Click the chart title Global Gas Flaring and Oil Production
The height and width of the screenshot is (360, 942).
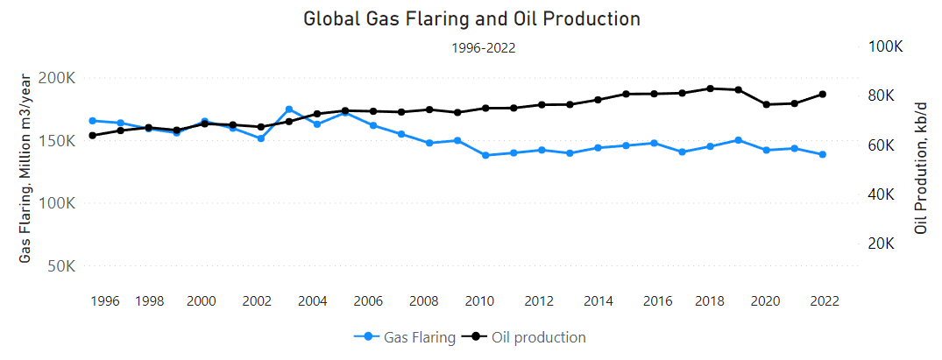[x=471, y=18]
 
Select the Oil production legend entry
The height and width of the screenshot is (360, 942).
[x=528, y=337]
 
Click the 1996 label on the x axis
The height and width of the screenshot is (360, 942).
[x=104, y=301]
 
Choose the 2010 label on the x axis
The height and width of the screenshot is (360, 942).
[x=478, y=301]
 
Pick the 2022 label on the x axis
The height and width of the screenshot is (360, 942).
[x=823, y=301]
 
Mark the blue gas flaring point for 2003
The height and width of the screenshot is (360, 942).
[x=289, y=109]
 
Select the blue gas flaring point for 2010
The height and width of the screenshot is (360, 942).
[x=485, y=155]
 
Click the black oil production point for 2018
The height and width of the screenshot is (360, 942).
[x=710, y=88]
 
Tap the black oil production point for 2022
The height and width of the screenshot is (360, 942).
[x=823, y=94]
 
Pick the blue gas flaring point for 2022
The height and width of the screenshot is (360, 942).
[x=823, y=154]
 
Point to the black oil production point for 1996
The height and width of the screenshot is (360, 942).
[x=92, y=135]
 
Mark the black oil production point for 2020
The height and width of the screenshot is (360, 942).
[x=767, y=104]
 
